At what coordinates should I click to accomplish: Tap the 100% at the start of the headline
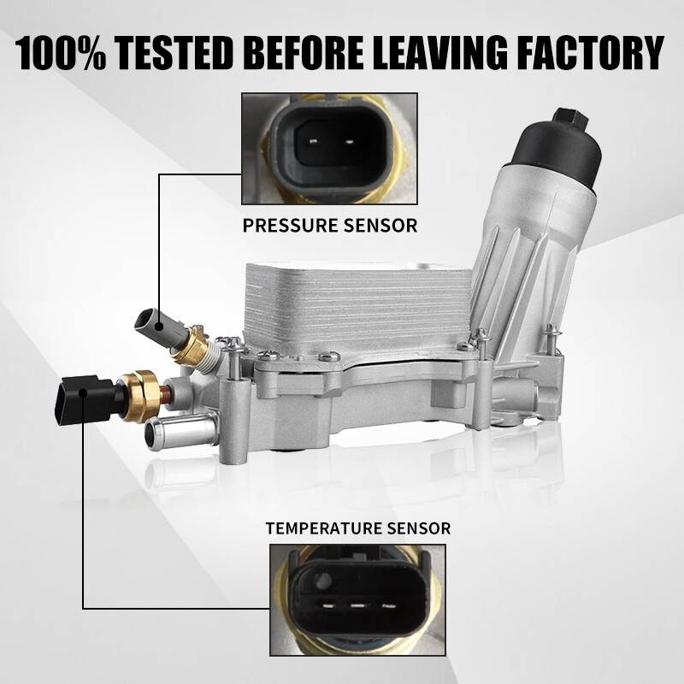pyautogui.click(x=61, y=53)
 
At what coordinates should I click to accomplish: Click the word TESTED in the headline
pyautogui.click(x=174, y=53)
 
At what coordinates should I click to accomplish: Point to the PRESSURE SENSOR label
pyautogui.click(x=330, y=226)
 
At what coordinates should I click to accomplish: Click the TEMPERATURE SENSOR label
pyautogui.click(x=357, y=528)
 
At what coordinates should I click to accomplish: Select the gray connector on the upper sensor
pyautogui.click(x=162, y=329)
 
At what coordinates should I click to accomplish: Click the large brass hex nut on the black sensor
pyautogui.click(x=141, y=397)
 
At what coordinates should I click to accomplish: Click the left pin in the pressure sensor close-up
pyautogui.click(x=313, y=141)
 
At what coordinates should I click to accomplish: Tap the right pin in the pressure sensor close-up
pyautogui.click(x=349, y=141)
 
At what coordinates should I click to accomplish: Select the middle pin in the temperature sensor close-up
pyautogui.click(x=358, y=605)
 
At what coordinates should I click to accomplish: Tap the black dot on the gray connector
pyautogui.click(x=159, y=327)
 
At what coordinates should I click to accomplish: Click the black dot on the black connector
pyautogui.click(x=81, y=393)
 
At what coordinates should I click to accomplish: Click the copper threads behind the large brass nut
pyautogui.click(x=166, y=395)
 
